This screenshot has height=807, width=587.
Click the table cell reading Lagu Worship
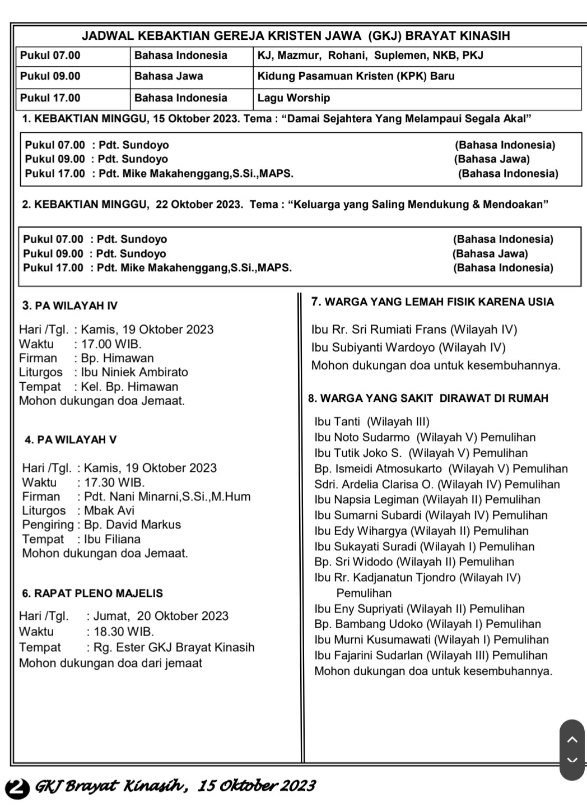tap(293, 98)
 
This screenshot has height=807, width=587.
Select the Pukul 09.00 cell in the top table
tap(50, 76)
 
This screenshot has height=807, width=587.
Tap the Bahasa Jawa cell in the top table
tap(169, 76)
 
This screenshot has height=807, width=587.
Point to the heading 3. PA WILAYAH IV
tap(70, 305)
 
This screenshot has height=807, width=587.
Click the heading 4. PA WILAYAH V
tap(71, 440)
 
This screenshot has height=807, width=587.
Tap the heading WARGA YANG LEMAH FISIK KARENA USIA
tap(432, 302)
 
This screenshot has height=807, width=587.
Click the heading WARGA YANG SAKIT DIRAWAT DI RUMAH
tap(428, 398)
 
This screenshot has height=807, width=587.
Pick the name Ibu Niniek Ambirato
tap(134, 372)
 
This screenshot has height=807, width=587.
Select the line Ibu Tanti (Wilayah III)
tap(372, 421)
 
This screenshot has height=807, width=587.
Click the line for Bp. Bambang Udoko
tap(427, 624)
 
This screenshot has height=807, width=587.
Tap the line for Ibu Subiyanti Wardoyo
tap(408, 347)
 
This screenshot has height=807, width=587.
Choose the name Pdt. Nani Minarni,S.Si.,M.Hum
tap(167, 497)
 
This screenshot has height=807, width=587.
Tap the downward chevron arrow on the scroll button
tap(572, 760)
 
